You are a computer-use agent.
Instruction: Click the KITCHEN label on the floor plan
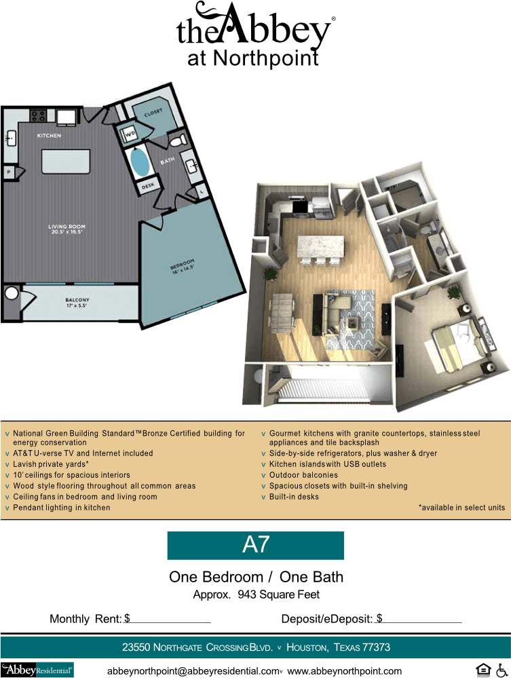(49, 136)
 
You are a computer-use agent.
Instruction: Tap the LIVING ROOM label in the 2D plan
(66, 229)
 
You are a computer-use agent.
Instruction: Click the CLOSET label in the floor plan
(153, 114)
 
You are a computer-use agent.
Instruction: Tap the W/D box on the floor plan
(129, 134)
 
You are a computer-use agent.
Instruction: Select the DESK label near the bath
(148, 185)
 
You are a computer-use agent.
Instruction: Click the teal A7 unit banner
(255, 545)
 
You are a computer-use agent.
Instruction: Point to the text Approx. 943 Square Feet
(256, 595)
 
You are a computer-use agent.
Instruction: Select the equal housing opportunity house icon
(482, 670)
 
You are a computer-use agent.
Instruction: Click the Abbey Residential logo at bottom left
(37, 670)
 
